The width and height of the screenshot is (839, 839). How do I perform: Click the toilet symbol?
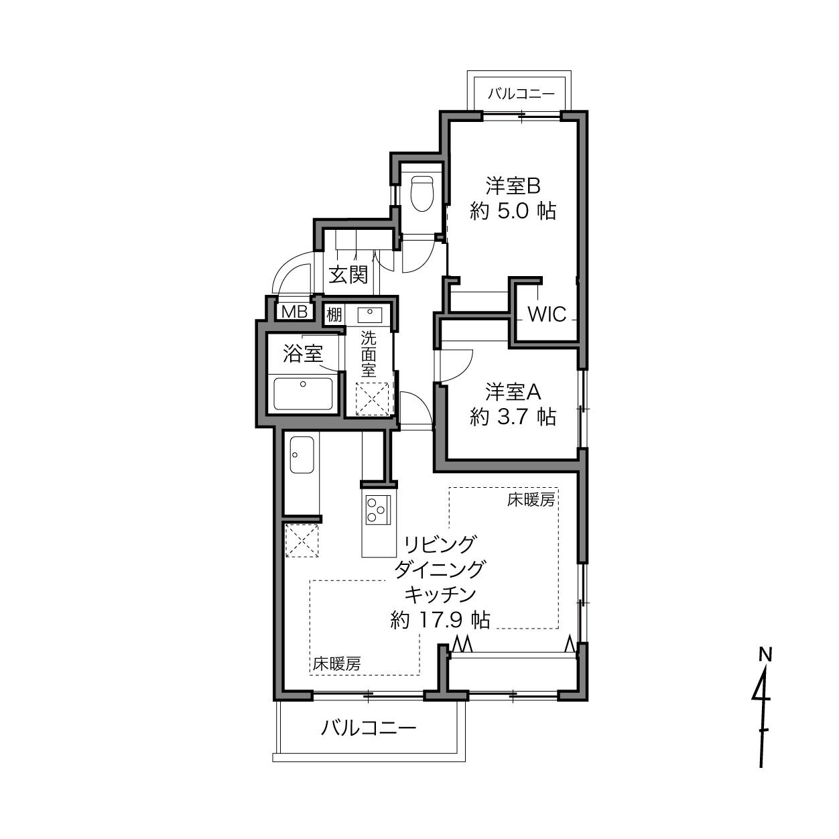pyautogui.click(x=422, y=193)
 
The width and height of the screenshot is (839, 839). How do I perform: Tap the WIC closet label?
pyautogui.click(x=547, y=314)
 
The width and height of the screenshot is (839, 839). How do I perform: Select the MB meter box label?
pyautogui.click(x=294, y=312)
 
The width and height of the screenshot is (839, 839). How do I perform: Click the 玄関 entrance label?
pyautogui.click(x=348, y=275)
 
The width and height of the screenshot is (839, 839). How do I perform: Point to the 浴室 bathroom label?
pyautogui.click(x=303, y=353)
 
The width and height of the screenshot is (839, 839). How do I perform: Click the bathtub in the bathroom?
pyautogui.click(x=303, y=393)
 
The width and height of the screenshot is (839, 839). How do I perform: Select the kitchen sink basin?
pyautogui.click(x=302, y=454)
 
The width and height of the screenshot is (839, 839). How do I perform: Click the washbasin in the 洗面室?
pyautogui.click(x=369, y=314)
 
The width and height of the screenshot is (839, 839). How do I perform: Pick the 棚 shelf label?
pyautogui.click(x=334, y=314)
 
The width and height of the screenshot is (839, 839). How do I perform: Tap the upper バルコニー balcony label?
pyautogui.click(x=521, y=94)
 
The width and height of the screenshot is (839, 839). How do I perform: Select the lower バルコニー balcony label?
pyautogui.click(x=369, y=728)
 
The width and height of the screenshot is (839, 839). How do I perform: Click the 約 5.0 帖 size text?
pyautogui.click(x=513, y=212)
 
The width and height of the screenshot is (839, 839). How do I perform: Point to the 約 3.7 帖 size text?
pyautogui.click(x=513, y=417)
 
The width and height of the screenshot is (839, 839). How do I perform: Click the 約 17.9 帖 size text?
pyautogui.click(x=440, y=620)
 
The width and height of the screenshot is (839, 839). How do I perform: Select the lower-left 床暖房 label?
pyautogui.click(x=336, y=663)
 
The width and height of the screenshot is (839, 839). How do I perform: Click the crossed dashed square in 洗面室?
pyautogui.click(x=373, y=399)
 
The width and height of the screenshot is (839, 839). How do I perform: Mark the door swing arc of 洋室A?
pyautogui.click(x=466, y=367)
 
